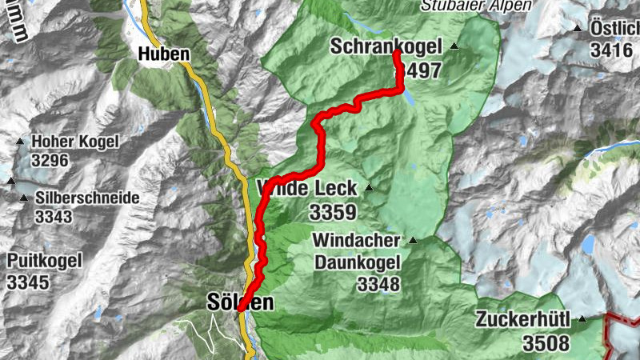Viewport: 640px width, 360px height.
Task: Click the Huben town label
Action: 164,54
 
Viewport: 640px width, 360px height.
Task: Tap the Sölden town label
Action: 240,302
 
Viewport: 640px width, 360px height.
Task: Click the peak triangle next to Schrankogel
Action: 454,47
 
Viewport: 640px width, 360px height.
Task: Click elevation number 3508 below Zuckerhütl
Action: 546,343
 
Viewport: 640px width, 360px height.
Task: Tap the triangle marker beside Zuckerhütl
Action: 582,319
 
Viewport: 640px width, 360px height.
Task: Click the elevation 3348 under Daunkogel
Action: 378,284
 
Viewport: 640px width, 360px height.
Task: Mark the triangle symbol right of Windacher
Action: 413,240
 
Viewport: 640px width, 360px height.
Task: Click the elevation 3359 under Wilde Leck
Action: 332,213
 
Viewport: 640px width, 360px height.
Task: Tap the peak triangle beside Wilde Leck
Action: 369,188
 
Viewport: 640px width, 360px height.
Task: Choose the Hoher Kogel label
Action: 74,142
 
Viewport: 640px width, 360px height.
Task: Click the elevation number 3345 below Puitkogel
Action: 29,282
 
